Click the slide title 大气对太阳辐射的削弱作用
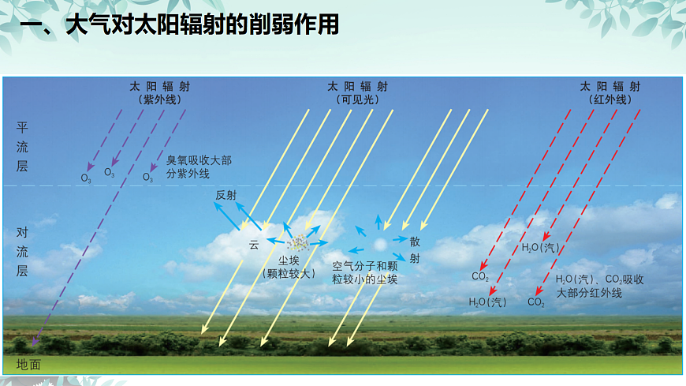click(x=180, y=26)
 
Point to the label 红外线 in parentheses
click(x=609, y=100)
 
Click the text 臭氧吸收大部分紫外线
click(x=199, y=167)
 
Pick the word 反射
click(x=226, y=195)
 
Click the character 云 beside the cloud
click(x=254, y=245)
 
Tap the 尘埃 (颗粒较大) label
click(x=289, y=266)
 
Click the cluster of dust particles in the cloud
click(x=299, y=242)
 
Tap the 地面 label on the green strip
click(x=28, y=365)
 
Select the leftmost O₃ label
click(x=86, y=178)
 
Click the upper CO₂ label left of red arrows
click(x=480, y=276)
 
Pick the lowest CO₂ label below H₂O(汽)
click(x=536, y=302)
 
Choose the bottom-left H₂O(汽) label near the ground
click(x=487, y=302)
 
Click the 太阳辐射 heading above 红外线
click(x=609, y=86)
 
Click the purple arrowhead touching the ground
click(x=33, y=342)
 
